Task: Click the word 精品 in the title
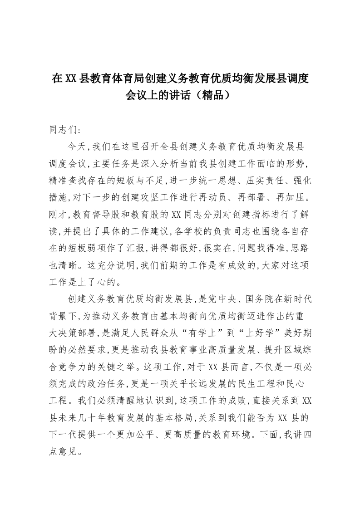[x=214, y=95]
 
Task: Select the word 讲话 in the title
[x=185, y=95]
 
